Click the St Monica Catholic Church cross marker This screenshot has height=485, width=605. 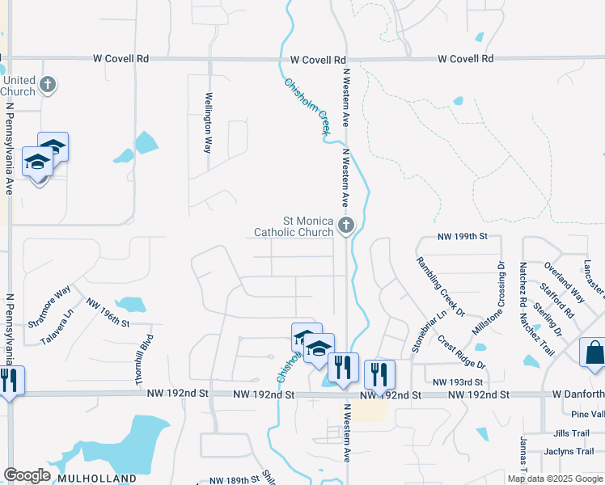(x=346, y=225)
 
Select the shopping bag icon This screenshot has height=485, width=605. (x=594, y=353)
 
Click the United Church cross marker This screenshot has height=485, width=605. (x=48, y=84)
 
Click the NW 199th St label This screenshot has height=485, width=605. (x=463, y=237)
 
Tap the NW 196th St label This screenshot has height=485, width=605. (x=108, y=318)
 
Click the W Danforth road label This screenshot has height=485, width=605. (x=577, y=394)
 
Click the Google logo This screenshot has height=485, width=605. (x=27, y=475)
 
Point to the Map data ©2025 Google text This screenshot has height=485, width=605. (x=556, y=479)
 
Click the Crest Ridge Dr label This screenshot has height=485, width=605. (x=460, y=352)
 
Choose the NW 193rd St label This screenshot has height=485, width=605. (x=458, y=382)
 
